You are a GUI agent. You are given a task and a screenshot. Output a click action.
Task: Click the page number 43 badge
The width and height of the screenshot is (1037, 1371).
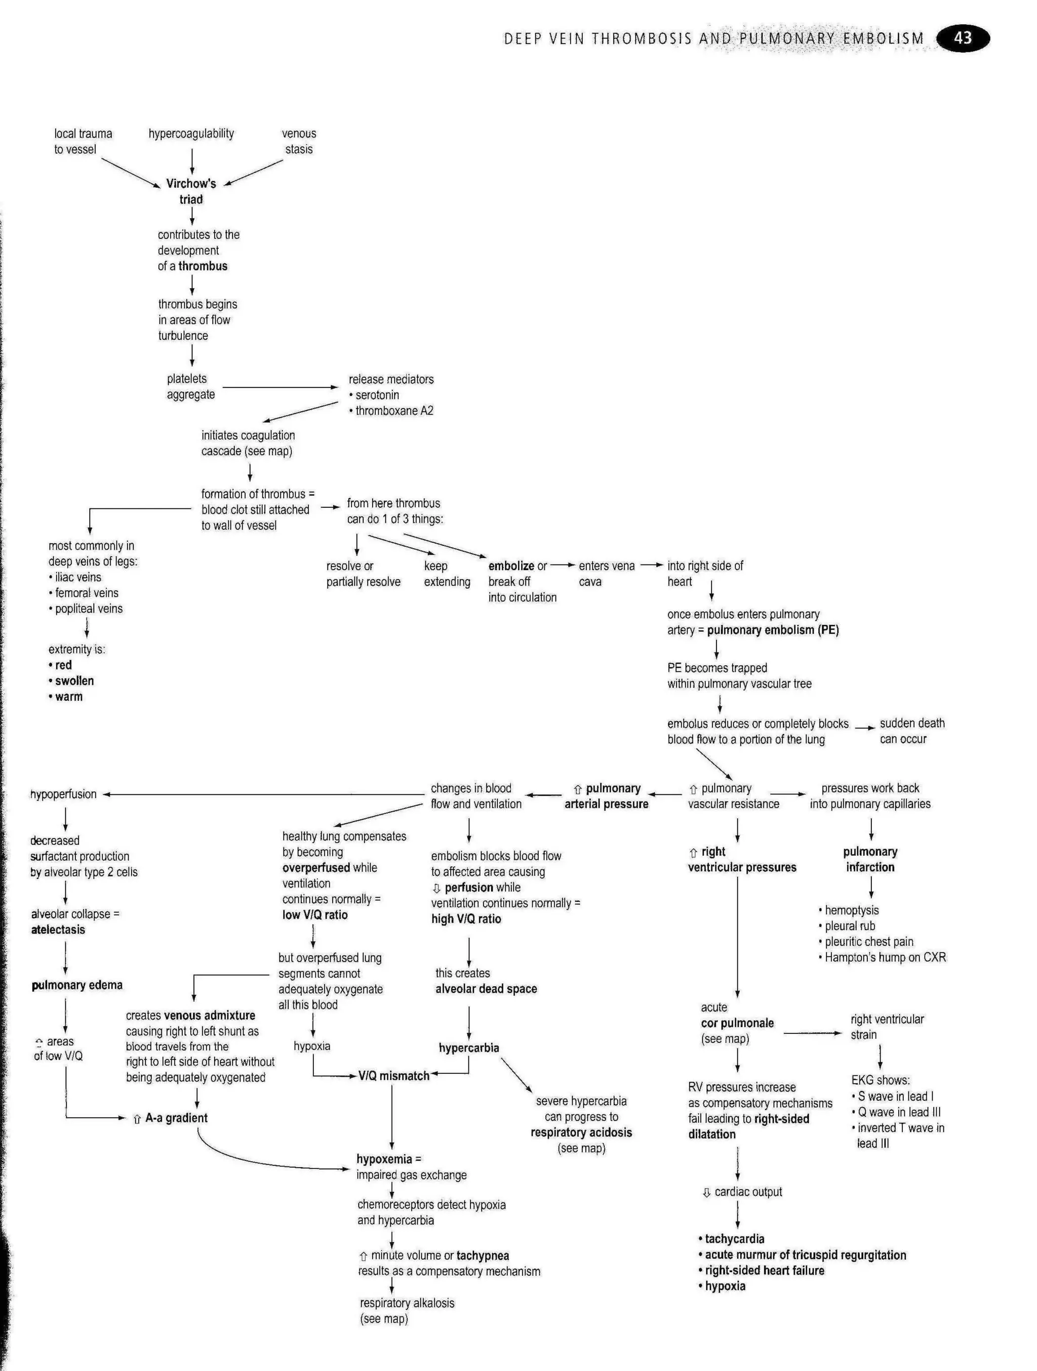coord(962,38)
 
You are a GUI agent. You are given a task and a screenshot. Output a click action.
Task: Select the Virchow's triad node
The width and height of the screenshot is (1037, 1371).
coord(191,191)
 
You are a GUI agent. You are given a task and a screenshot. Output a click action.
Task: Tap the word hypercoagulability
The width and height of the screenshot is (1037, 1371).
coord(191,133)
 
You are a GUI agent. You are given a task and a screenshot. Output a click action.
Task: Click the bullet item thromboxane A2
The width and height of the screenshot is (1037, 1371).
coord(394,410)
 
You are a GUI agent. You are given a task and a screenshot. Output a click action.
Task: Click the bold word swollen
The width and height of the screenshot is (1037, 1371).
coord(74,680)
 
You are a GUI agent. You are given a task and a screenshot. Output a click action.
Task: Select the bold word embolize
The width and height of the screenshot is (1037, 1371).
coord(511,566)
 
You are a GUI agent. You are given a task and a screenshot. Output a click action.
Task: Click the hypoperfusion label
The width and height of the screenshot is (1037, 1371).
coord(63,794)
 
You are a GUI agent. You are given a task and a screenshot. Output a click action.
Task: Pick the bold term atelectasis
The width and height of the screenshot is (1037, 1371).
coord(58,930)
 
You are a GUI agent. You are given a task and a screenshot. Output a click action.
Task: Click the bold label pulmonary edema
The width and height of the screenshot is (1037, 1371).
coord(77,985)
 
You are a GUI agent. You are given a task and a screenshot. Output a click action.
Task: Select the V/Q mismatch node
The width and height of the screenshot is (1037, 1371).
coord(393,1075)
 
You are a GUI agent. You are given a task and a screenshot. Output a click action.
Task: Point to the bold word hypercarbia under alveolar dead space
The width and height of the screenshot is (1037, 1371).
coord(468,1047)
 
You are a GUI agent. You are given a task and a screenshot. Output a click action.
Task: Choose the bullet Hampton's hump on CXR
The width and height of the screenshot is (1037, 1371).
coord(885,957)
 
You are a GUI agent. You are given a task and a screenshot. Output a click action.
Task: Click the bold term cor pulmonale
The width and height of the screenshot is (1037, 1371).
coord(737,1023)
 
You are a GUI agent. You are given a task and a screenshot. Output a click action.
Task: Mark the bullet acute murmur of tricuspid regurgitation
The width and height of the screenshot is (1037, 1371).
coord(805,1255)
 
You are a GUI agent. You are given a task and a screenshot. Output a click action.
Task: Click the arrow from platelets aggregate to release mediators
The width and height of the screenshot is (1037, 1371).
coord(280,387)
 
